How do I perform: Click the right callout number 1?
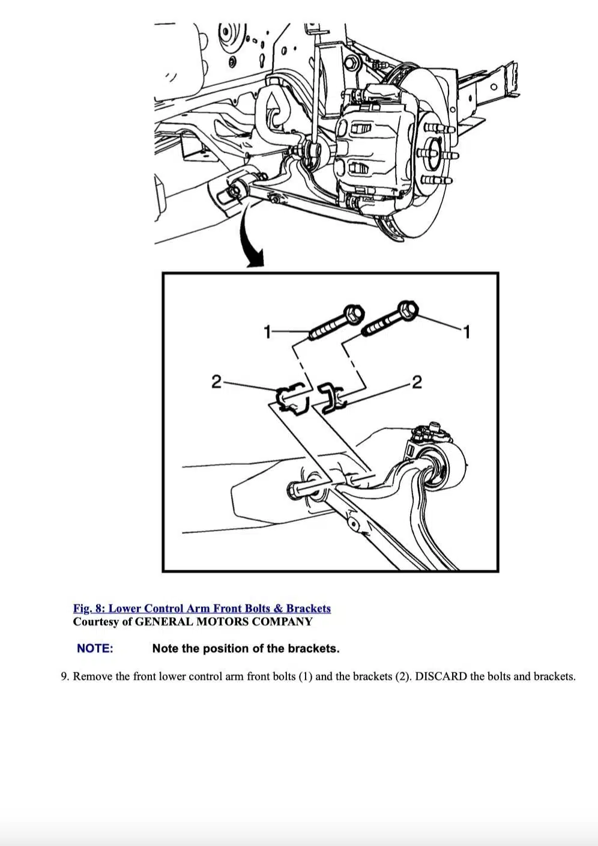467,331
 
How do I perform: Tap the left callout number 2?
216,381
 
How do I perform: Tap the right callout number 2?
417,382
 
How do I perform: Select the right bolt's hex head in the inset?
409,309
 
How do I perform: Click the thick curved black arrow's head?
255,259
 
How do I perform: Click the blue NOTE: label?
95,648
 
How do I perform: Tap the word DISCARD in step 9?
441,677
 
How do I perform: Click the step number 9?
64,677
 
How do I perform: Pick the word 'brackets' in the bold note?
313,648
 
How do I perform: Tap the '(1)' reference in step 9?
305,677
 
